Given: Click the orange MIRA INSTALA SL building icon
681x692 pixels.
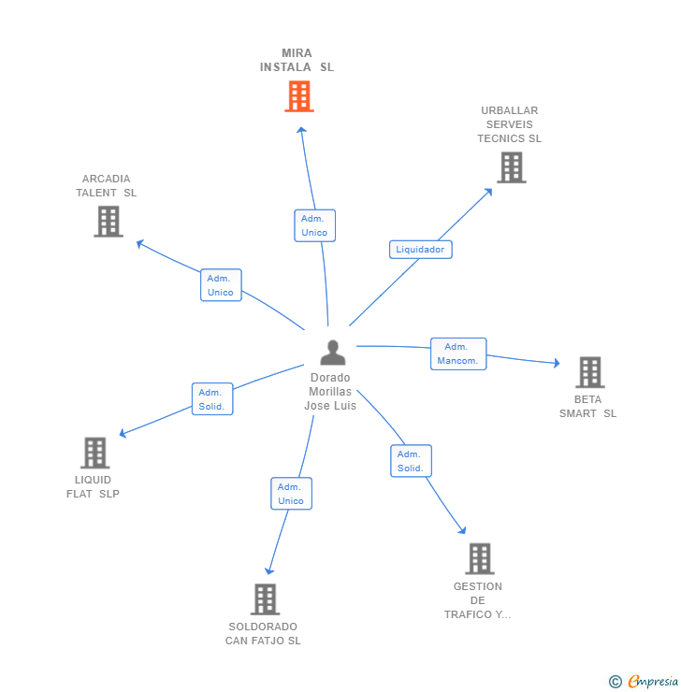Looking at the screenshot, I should click(x=298, y=96).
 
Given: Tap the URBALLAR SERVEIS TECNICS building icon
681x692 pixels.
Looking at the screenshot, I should click(x=511, y=167).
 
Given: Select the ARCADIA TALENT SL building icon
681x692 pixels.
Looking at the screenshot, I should click(x=109, y=222).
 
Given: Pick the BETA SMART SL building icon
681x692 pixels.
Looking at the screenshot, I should click(x=589, y=372).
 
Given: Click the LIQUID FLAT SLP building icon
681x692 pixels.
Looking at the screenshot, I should click(x=94, y=453).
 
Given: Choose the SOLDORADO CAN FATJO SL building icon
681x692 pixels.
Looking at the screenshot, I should click(x=265, y=599).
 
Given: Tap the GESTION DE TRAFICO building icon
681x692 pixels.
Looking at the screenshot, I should click(x=479, y=558).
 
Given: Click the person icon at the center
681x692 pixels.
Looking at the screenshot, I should click(x=332, y=353).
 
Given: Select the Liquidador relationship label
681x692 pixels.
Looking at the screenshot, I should click(x=420, y=250).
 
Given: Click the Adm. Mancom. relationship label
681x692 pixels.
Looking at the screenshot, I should click(x=458, y=353).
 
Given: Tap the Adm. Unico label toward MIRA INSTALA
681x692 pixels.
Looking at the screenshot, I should click(x=314, y=225).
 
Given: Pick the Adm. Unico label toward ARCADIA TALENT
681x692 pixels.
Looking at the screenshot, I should click(x=221, y=285).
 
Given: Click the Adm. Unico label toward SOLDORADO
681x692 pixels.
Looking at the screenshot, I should click(x=291, y=494).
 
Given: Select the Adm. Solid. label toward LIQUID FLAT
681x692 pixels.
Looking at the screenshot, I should click(x=212, y=399).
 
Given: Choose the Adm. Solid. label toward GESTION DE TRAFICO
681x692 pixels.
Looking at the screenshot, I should click(x=411, y=461).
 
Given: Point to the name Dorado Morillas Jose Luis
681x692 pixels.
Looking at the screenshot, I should click(x=330, y=392).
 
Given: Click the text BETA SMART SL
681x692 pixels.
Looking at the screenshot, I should click(x=588, y=407).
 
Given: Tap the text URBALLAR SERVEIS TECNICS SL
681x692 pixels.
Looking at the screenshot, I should click(x=510, y=124).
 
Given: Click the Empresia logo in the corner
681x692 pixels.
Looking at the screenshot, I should click(x=645, y=682).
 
